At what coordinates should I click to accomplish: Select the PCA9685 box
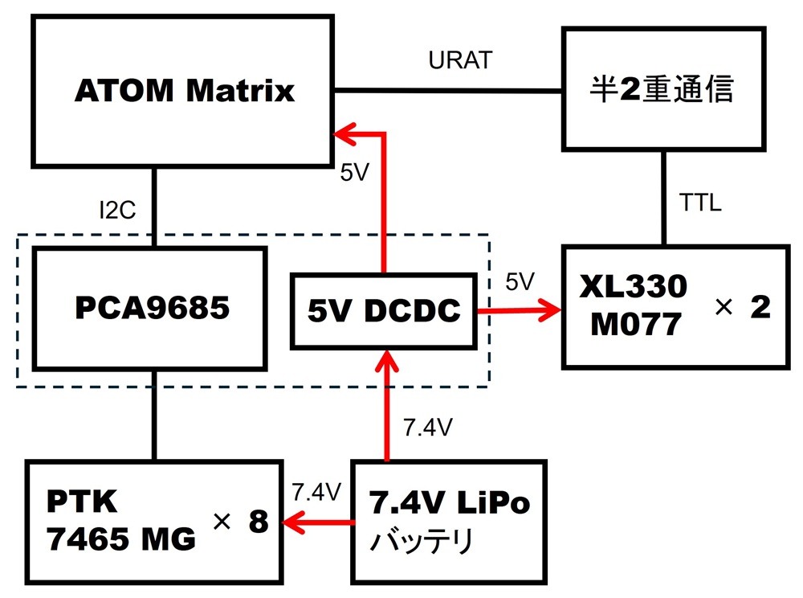(x=149, y=308)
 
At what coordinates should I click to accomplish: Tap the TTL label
(x=699, y=203)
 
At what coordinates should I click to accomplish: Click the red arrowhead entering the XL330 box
(x=552, y=309)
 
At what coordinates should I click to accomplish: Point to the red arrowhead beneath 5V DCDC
(x=387, y=358)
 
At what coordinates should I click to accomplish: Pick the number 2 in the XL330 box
(x=760, y=308)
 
